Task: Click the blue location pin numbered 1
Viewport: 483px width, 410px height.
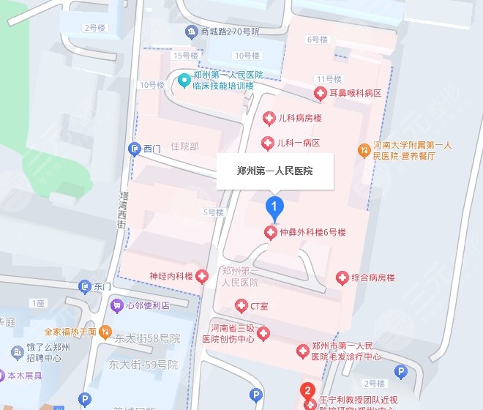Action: click(x=274, y=209)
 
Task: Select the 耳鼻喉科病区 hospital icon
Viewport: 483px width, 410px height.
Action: click(x=320, y=94)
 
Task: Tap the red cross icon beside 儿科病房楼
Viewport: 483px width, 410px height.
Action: click(x=269, y=119)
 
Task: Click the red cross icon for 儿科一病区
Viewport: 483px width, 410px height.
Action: click(x=269, y=142)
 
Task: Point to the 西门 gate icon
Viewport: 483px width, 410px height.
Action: click(x=134, y=149)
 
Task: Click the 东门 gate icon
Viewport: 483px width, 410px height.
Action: click(x=85, y=286)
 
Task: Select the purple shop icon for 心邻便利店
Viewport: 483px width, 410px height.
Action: click(x=116, y=305)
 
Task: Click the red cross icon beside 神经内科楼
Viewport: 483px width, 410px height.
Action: click(x=203, y=276)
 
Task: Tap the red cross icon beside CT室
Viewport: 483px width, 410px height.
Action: click(x=241, y=305)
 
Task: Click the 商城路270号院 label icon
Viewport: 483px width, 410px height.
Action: click(x=192, y=32)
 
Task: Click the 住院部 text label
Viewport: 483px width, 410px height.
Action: click(x=184, y=146)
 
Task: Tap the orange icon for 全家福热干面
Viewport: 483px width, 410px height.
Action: click(x=105, y=332)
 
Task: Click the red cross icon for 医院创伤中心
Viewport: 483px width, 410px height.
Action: click(x=264, y=334)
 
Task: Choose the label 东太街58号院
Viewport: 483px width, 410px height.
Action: click(x=147, y=338)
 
